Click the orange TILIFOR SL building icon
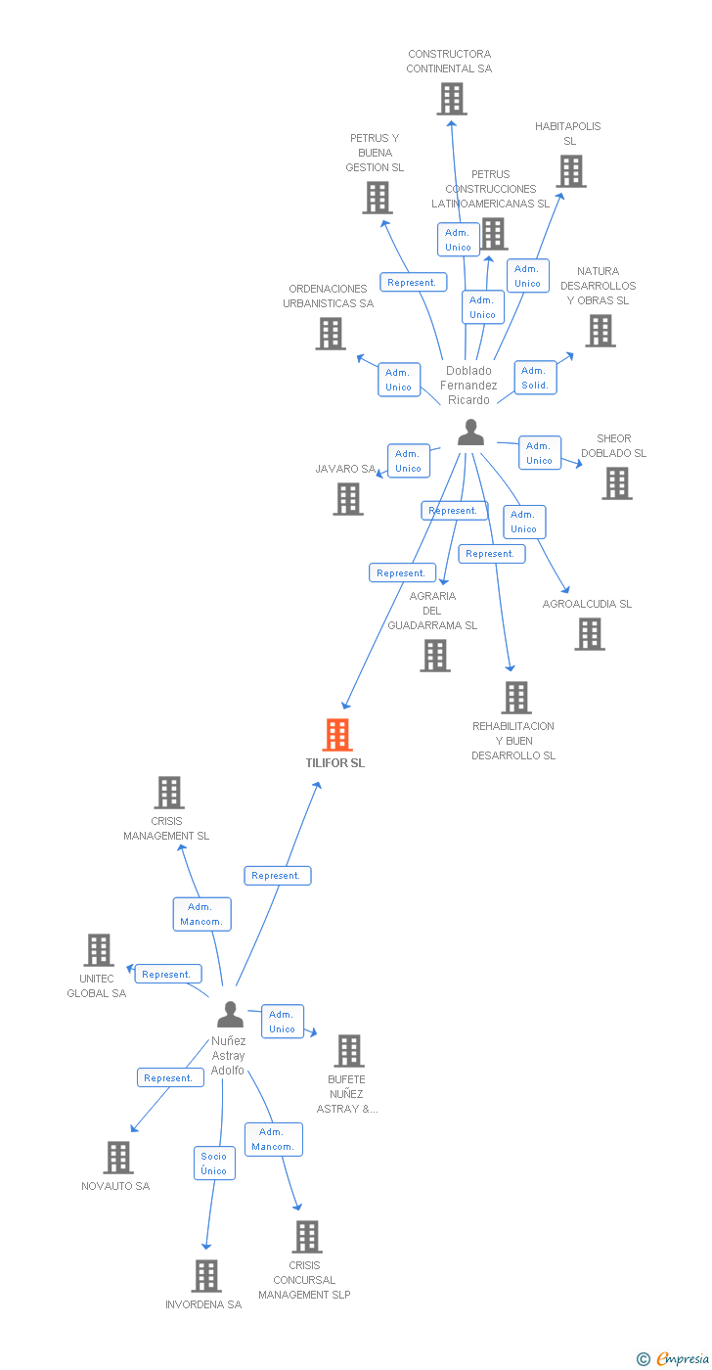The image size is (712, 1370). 337,734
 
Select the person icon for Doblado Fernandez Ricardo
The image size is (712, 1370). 470,432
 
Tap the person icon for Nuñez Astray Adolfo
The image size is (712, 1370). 230,1014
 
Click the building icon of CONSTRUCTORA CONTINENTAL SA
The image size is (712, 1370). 451,99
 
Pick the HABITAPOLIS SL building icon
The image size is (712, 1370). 571,171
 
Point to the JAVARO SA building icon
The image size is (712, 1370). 348,499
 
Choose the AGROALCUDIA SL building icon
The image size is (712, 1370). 589,634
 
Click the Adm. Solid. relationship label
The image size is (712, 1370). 534,378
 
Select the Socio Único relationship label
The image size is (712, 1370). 214,1164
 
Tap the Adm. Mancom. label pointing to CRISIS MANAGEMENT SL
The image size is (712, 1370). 202,914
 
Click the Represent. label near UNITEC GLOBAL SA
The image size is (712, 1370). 166,974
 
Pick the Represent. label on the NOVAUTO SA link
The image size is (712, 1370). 168,1077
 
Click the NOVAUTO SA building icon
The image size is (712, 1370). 118,1158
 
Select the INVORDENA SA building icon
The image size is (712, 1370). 205,1276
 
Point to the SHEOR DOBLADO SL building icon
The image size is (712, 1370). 616,483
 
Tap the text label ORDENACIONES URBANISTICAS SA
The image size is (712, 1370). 329,296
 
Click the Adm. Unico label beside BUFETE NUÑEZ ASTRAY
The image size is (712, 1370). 282,1022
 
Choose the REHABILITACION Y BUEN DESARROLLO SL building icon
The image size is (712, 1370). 516,698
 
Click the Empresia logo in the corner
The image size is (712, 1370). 674,1358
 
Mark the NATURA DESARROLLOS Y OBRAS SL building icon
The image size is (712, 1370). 600,331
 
